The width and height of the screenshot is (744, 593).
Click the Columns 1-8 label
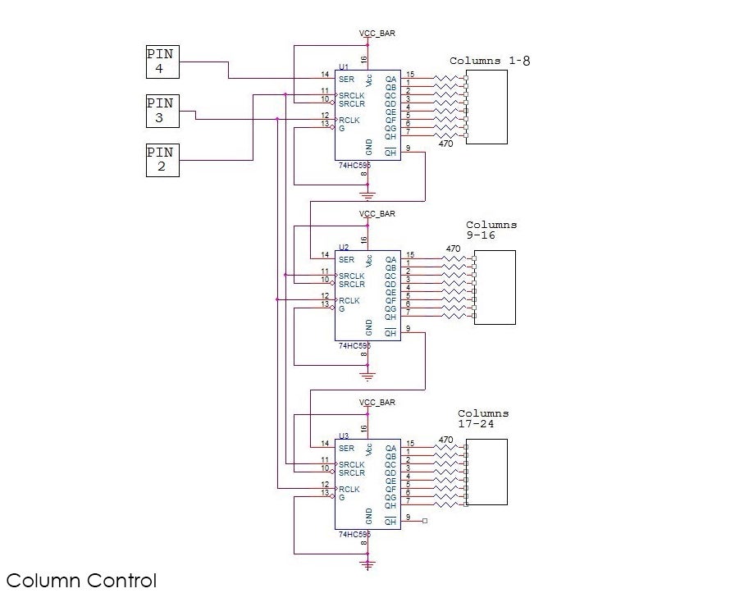click(490, 62)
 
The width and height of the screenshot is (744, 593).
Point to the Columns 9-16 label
click(491, 230)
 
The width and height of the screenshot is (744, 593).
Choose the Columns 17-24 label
click(483, 418)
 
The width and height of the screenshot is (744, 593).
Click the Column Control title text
click(80, 581)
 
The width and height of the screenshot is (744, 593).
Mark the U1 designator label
click(344, 66)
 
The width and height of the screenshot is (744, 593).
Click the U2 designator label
click(344, 247)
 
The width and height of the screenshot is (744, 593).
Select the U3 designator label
click(344, 436)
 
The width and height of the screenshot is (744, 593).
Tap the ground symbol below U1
click(367, 195)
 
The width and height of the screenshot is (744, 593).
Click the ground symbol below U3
click(367, 564)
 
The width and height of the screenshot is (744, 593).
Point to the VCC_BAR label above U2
click(377, 214)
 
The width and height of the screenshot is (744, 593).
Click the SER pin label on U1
click(346, 80)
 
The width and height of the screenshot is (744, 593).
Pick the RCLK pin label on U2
click(349, 301)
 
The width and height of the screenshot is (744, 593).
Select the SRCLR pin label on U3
click(351, 472)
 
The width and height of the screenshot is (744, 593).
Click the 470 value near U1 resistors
click(445, 144)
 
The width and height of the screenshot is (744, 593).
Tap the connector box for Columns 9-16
click(495, 288)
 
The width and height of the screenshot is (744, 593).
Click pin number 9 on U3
click(408, 517)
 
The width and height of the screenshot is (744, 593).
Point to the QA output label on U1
click(390, 80)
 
